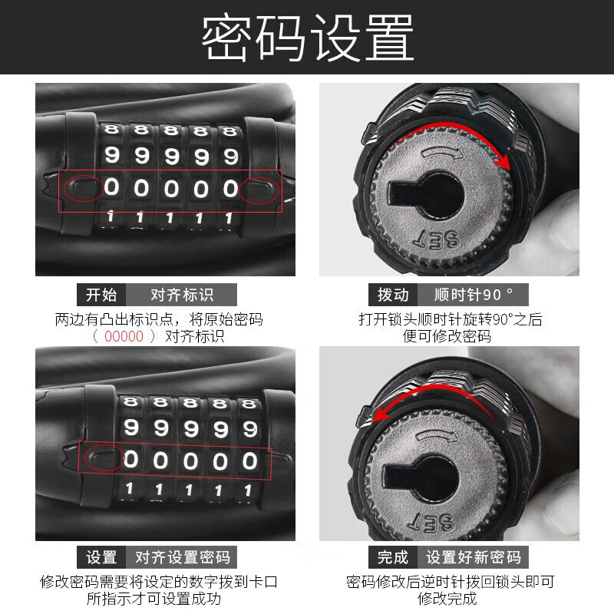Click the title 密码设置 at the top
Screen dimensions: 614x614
pyautogui.click(x=307, y=37)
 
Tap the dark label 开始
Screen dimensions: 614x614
pyautogui.click(x=101, y=295)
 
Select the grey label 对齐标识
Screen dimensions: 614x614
pyautogui.click(x=182, y=295)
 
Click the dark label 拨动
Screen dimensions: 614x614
pyautogui.click(x=393, y=295)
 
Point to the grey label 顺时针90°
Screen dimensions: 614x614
pyautogui.click(x=473, y=295)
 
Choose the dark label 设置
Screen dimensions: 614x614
pyautogui.click(x=101, y=557)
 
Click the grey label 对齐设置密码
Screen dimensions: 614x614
pyautogui.click(x=182, y=557)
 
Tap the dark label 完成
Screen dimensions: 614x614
pyautogui.click(x=393, y=557)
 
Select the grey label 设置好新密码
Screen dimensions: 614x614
pyautogui.click(x=474, y=557)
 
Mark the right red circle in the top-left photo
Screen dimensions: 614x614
pyautogui.click(x=259, y=189)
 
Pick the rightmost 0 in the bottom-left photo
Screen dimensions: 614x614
pyautogui.click(x=249, y=460)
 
